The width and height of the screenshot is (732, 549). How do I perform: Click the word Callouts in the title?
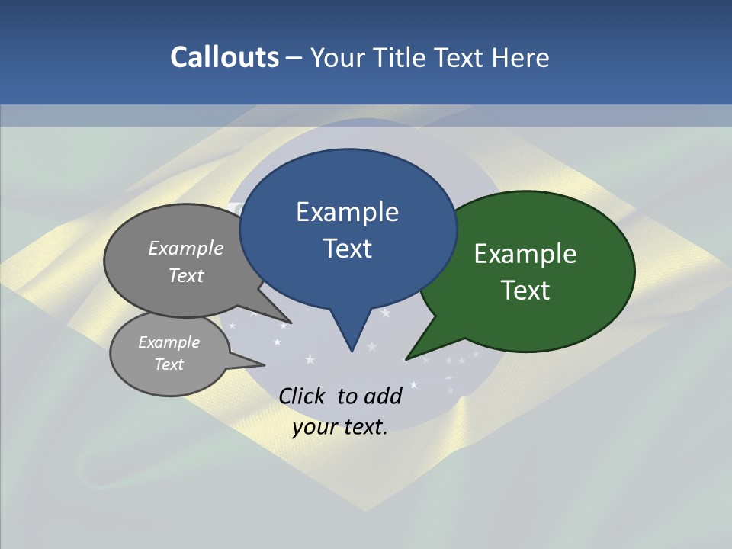point(224,57)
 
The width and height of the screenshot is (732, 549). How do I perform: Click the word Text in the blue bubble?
point(347,248)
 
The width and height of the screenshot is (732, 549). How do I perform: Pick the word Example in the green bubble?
point(525,253)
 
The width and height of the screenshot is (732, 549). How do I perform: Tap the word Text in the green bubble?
point(525,290)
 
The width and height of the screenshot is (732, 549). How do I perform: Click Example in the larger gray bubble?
point(186,248)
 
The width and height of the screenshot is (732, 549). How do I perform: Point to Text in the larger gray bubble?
point(186,275)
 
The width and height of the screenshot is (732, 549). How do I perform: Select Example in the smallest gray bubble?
point(169,342)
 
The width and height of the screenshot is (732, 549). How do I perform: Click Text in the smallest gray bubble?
point(169,364)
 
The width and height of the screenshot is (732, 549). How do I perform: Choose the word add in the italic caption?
point(383,396)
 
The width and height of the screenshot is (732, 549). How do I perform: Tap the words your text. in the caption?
point(340,427)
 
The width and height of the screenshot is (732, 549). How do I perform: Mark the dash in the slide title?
point(294,57)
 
